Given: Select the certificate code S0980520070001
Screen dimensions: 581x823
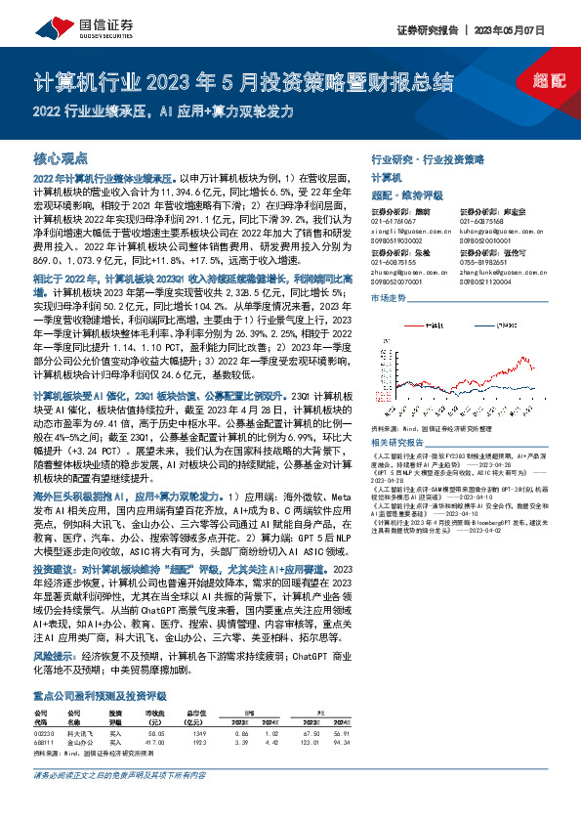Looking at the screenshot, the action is tap(399, 280).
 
